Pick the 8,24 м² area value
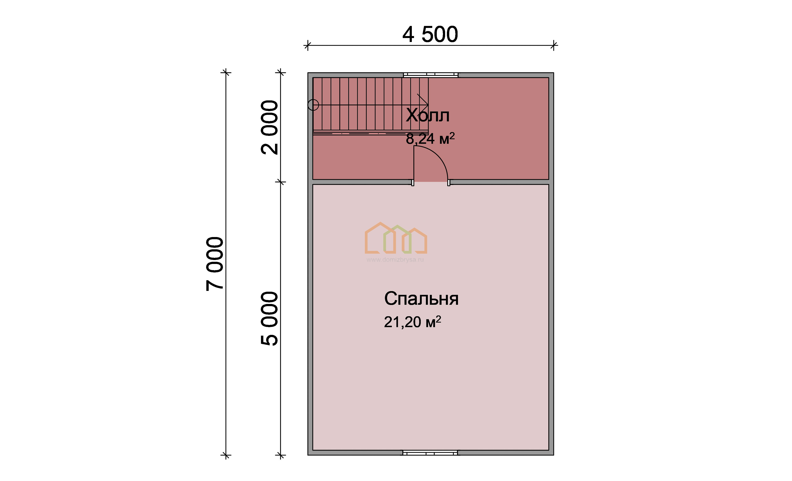[x=430, y=139]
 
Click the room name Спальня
[x=421, y=299]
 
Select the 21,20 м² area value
[x=412, y=322]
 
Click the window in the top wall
[x=431, y=75]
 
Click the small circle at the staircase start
[x=313, y=105]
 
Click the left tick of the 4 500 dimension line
[x=308, y=45]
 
